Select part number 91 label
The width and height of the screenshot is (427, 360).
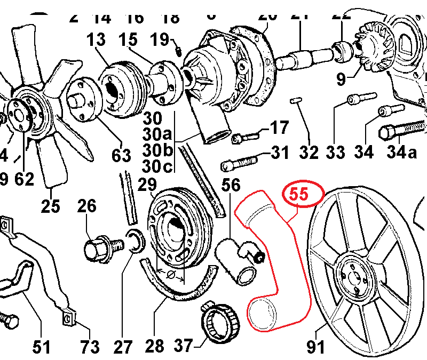point(315,347)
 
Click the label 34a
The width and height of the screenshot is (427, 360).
point(401,153)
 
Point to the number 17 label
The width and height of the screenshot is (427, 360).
point(279,128)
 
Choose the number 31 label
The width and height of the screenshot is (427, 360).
point(279,154)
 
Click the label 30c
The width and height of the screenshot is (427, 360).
point(157,166)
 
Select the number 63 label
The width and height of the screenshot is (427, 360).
point(121,156)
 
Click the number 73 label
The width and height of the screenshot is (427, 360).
point(89,347)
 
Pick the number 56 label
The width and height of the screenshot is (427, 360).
point(232,185)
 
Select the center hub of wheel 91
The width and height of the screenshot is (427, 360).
point(351,273)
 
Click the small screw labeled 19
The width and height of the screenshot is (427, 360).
point(179,51)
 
